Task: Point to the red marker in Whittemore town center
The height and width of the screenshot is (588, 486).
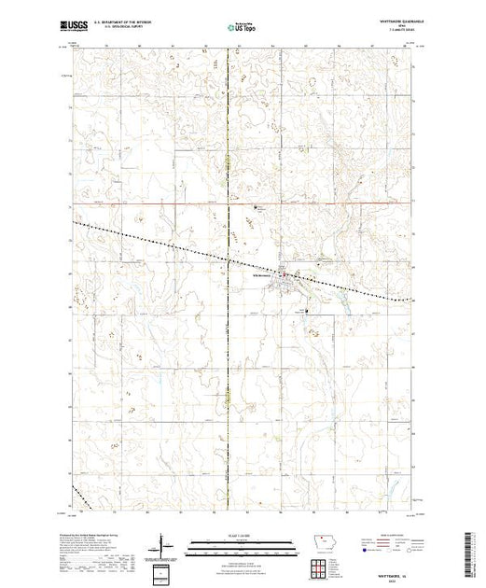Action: pos(298,274)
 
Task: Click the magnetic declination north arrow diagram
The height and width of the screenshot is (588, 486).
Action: pos(164,543)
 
